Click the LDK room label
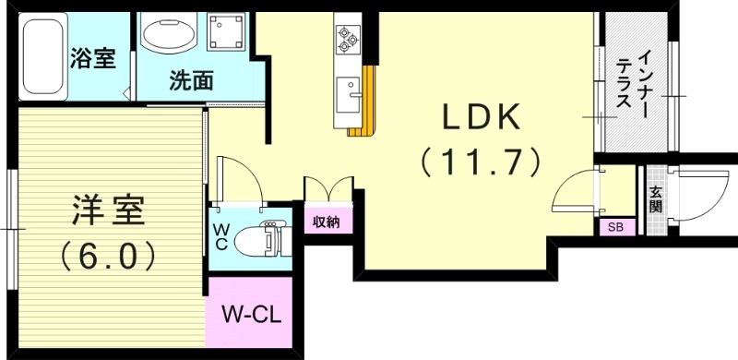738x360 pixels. click(481, 117)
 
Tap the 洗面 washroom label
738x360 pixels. click(192, 80)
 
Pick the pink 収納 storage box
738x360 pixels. click(327, 222)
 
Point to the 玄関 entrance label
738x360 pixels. click(655, 199)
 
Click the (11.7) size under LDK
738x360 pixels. click(481, 163)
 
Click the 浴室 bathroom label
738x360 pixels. click(93, 58)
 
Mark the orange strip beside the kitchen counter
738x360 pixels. click(368, 102)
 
